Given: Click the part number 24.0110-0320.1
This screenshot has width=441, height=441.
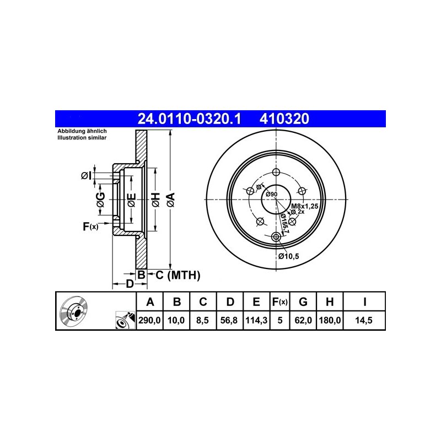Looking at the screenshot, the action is (x=189, y=119).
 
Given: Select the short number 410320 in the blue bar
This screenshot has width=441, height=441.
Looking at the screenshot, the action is (x=284, y=119).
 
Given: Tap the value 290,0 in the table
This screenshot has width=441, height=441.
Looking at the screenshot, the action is (x=149, y=320).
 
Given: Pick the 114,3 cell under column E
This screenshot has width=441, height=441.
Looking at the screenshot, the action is (x=256, y=320).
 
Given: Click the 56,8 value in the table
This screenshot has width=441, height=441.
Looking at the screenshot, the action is (x=229, y=320).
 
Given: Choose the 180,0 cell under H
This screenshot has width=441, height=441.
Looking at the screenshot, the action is (x=330, y=320).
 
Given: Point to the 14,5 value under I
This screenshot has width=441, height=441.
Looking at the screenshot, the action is (x=364, y=320).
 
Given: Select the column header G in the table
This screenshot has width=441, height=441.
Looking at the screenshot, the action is (x=303, y=302).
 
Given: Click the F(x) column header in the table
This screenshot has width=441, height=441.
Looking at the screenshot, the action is (x=280, y=302).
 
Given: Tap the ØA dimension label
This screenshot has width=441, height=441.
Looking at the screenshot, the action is (x=171, y=200).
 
